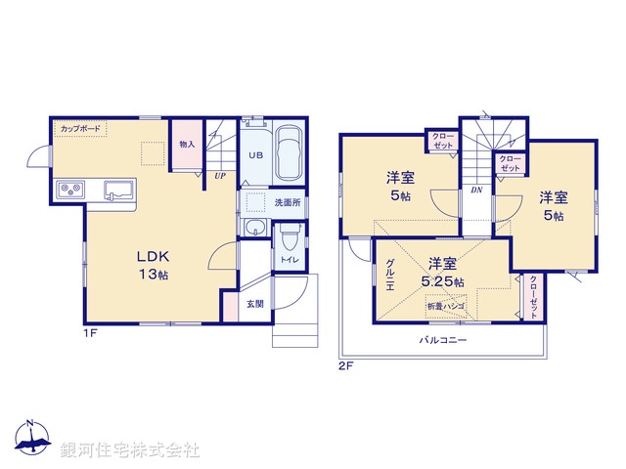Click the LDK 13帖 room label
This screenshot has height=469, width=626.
(x=152, y=266)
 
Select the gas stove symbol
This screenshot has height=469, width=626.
(x=70, y=189)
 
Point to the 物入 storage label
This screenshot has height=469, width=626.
(x=187, y=144)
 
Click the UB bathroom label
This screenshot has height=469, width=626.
(x=254, y=156)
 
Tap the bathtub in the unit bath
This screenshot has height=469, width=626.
(x=290, y=155)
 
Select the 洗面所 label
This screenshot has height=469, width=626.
(x=288, y=202)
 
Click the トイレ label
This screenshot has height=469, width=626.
(x=291, y=260)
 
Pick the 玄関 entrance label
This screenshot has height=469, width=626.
(x=254, y=304)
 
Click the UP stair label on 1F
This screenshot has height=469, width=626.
(x=222, y=176)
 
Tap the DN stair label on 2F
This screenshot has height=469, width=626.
(x=476, y=191)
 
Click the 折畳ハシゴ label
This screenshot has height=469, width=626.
(x=445, y=307)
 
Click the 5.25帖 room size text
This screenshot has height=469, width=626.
(x=443, y=282)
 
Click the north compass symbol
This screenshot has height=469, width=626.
(x=31, y=440)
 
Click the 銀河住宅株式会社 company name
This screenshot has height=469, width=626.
(x=130, y=450)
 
